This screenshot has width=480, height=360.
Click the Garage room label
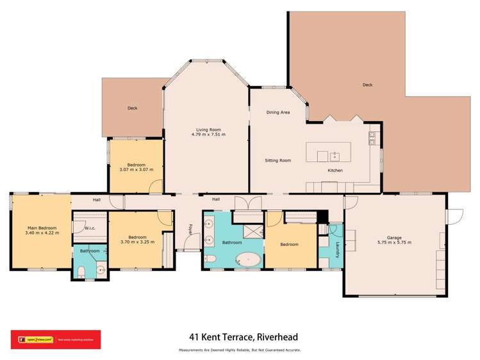pyautogui.click(x=394, y=236)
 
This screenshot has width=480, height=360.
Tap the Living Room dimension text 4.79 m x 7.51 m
pyautogui.click(x=208, y=135)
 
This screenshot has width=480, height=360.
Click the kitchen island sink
pyautogui.click(x=334, y=155)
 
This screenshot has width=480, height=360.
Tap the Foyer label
pyautogui.click(x=190, y=228)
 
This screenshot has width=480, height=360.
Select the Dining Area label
pyautogui.click(x=278, y=112)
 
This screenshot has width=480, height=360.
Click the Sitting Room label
pyautogui.click(x=278, y=160)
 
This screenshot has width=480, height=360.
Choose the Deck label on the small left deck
pyautogui.click(x=132, y=108)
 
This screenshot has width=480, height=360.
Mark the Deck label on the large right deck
pyautogui.click(x=367, y=85)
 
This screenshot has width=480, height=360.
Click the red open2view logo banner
pyautogui.click(x=55, y=339)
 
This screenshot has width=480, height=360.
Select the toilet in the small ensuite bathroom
pyautogui.click(x=79, y=272)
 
